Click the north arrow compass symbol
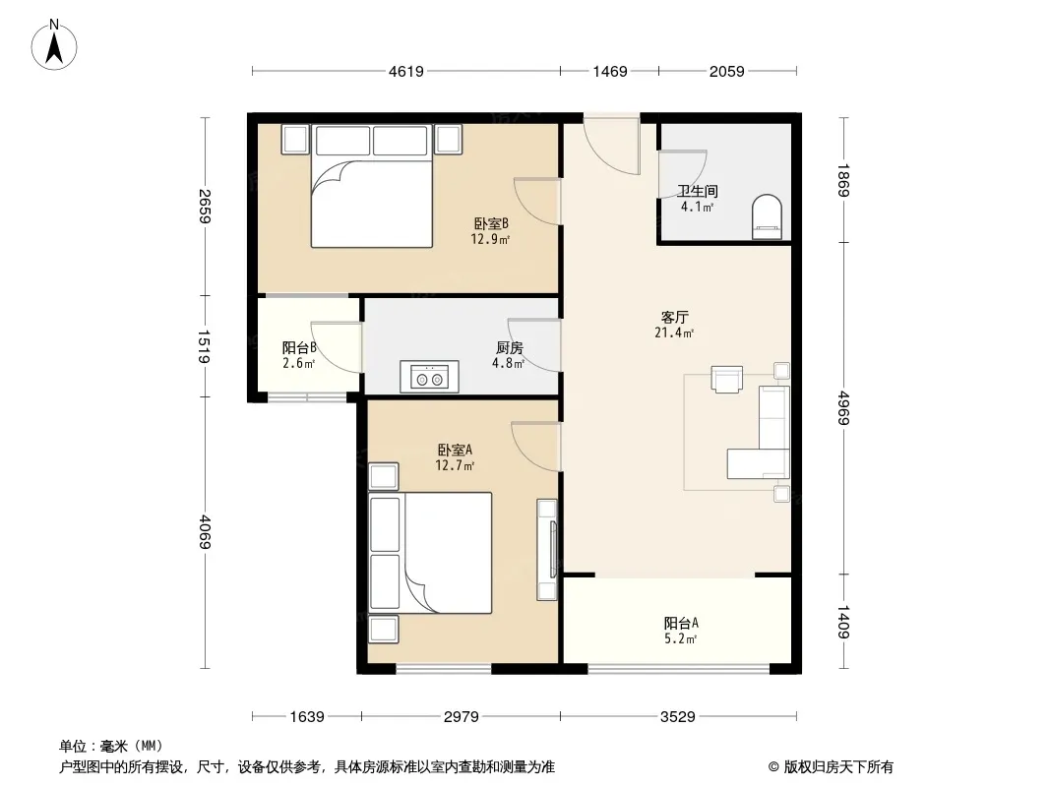(x=54, y=45)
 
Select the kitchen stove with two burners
(x=429, y=377)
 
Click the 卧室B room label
(x=492, y=223)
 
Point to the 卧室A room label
(x=455, y=450)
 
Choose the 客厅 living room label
(x=674, y=317)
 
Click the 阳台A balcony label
(x=681, y=623)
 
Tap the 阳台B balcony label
(x=299, y=347)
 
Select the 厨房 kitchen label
(x=510, y=347)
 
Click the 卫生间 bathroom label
(x=697, y=191)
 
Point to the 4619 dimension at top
(x=406, y=71)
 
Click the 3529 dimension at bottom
(x=678, y=717)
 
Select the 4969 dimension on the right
(x=843, y=408)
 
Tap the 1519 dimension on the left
(x=205, y=346)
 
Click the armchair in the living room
(x=727, y=379)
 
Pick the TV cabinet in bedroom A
(x=547, y=549)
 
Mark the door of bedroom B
(x=537, y=202)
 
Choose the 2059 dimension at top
(x=726, y=71)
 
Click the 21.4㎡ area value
(x=674, y=333)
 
